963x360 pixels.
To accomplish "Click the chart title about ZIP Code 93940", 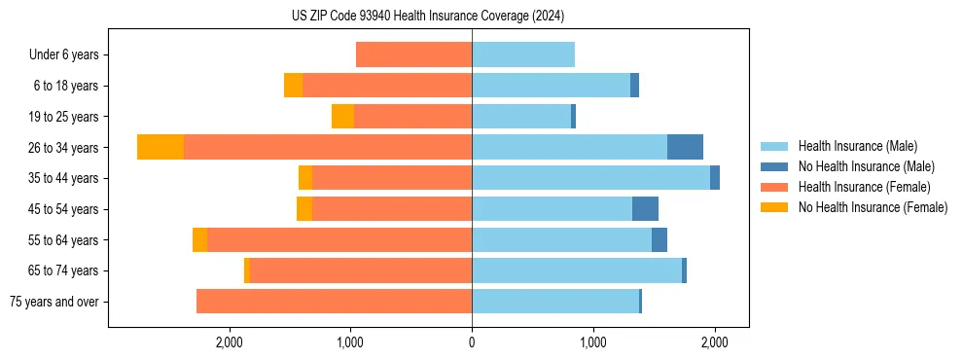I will pos(428,17).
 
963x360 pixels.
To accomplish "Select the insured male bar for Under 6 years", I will pos(523,54).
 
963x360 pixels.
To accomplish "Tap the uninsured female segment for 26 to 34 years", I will pos(160,147).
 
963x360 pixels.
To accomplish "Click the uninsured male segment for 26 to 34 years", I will pos(685,147).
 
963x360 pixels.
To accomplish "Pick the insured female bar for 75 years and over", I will pos(334,302).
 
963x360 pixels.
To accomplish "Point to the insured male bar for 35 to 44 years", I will pos(590,178).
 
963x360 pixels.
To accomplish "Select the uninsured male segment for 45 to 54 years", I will pos(645,209).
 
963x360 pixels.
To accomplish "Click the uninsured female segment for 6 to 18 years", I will pos(293,86).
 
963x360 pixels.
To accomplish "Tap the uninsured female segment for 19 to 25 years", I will pos(342,117).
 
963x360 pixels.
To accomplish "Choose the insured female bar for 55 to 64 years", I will pos(339,239).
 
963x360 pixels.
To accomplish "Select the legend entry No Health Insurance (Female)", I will pos(872,207).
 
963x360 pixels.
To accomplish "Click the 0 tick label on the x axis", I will pos(472,342).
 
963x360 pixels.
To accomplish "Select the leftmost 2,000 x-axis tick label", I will pos(230,342).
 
